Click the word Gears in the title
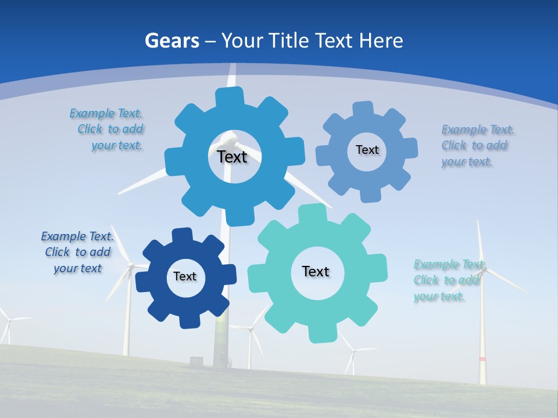tap(171, 41)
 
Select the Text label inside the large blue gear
tap(232, 157)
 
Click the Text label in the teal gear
tap(316, 271)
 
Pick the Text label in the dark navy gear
tap(185, 277)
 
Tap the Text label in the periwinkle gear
tap(367, 150)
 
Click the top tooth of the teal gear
tap(315, 214)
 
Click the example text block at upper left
tap(108, 129)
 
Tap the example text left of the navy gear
tap(77, 253)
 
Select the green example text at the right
tap(449, 280)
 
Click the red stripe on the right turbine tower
tap(482, 359)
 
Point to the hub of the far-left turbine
tap(7, 319)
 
